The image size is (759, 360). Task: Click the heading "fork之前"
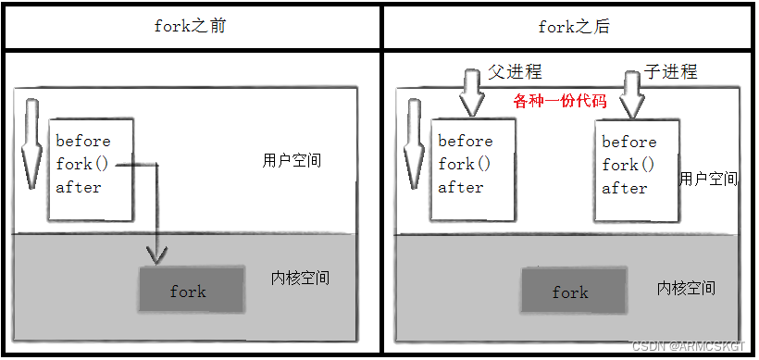pyautogui.click(x=190, y=26)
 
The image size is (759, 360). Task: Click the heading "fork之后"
pyautogui.click(x=574, y=26)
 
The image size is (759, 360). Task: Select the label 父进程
pyautogui.click(x=515, y=71)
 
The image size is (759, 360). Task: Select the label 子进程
pyautogui.click(x=671, y=71)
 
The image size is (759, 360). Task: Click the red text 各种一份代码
pyautogui.click(x=560, y=101)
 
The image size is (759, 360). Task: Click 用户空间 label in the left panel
pyautogui.click(x=292, y=159)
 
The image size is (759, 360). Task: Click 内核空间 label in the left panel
pyautogui.click(x=301, y=278)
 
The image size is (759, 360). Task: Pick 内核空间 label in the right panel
pyautogui.click(x=686, y=287)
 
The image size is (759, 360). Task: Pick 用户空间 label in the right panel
pyautogui.click(x=708, y=179)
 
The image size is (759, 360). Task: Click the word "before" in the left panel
pyautogui.click(x=83, y=141)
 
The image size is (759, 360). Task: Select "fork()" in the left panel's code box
pyautogui.click(x=82, y=164)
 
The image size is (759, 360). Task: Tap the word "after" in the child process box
pyautogui.click(x=625, y=188)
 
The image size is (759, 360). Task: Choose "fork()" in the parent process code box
pyautogui.click(x=465, y=164)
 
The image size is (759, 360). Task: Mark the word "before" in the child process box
pyautogui.click(x=629, y=142)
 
